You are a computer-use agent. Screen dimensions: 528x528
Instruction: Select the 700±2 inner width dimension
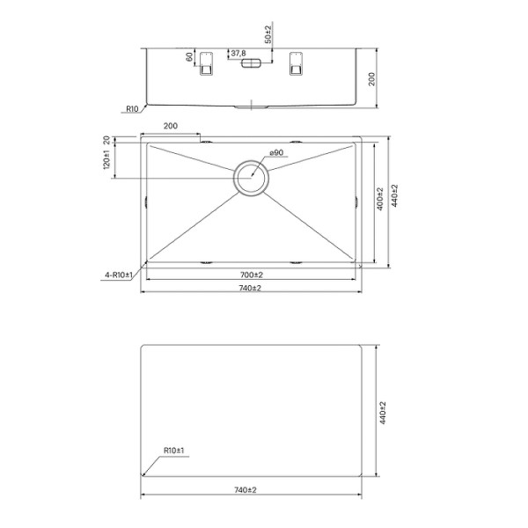251,276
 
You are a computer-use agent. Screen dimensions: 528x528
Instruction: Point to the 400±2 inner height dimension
379,202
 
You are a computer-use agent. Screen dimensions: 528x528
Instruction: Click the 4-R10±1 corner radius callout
117,275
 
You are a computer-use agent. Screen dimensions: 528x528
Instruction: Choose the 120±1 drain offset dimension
105,162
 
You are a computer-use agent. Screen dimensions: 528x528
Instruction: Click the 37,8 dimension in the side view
238,54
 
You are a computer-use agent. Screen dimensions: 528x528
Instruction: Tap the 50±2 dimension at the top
268,35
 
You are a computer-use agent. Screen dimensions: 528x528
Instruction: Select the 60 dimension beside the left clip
188,57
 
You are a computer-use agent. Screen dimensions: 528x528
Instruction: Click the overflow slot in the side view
252,64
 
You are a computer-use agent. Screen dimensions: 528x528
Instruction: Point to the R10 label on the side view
132,109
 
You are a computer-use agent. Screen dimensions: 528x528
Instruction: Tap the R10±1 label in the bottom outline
172,451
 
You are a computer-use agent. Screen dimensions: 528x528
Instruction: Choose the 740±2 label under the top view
251,288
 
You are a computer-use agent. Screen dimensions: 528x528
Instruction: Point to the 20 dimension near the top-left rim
106,140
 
